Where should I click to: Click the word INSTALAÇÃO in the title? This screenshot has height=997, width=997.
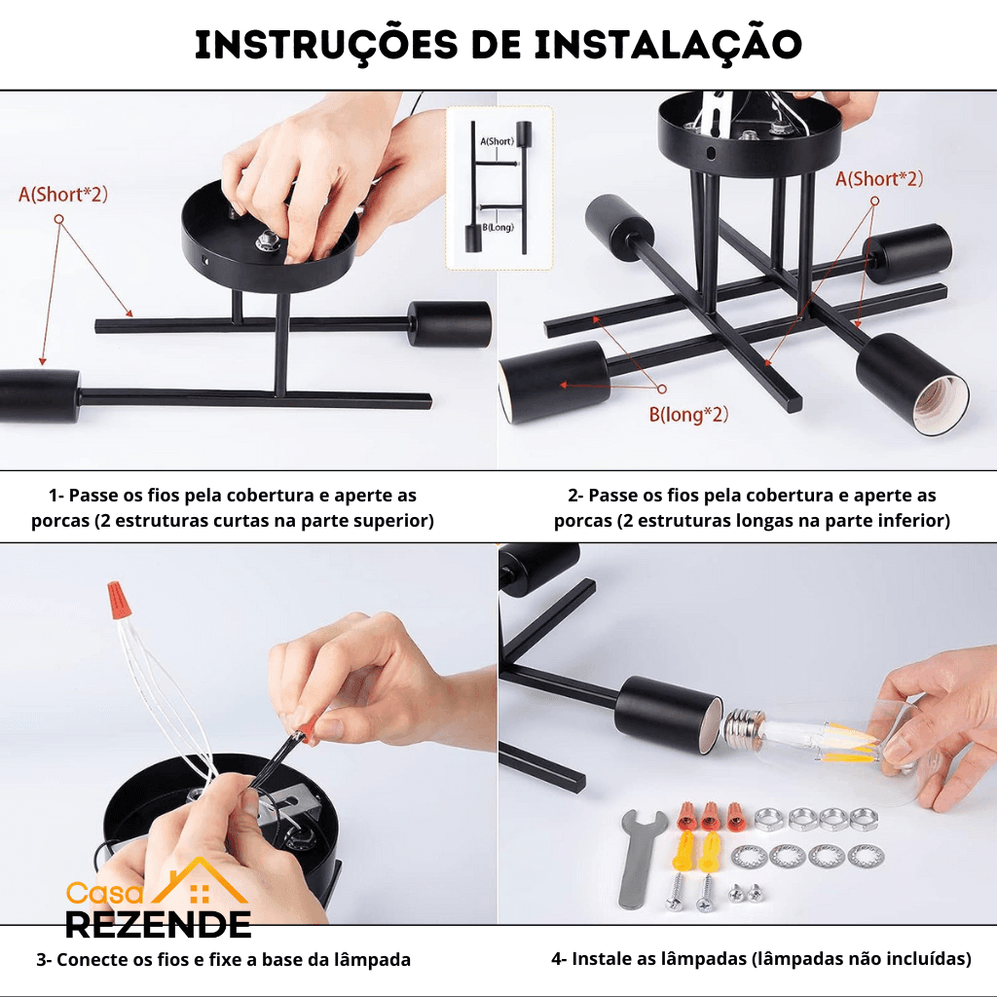coord(668,46)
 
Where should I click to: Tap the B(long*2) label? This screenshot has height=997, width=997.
coord(688,415)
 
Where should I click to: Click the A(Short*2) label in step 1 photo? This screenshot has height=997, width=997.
coord(63,195)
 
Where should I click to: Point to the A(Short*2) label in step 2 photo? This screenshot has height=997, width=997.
coord(879,179)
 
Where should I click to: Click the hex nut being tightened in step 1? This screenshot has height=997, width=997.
coord(267,241)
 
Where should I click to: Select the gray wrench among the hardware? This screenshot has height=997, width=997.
coord(639,859)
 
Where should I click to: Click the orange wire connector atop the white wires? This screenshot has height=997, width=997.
coord(117,599)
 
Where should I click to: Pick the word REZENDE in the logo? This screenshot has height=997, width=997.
coord(159,925)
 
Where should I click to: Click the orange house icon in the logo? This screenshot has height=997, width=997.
coord(200,882)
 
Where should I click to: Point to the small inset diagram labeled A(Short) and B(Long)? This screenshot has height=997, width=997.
coord(499,188)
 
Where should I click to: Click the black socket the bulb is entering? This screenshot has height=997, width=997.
coord(669,714)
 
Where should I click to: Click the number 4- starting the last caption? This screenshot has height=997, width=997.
coord(559,959)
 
